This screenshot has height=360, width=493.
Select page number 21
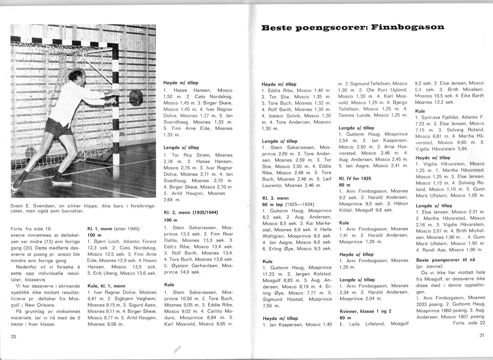tap(482, 336)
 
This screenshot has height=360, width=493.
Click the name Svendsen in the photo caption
tap(43, 206)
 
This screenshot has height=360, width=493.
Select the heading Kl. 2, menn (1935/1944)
tap(191, 212)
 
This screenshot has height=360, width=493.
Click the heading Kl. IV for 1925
tap(355, 178)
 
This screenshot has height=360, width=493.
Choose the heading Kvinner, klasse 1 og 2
tap(365, 311)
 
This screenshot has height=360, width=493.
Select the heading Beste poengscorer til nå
tap(445, 260)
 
